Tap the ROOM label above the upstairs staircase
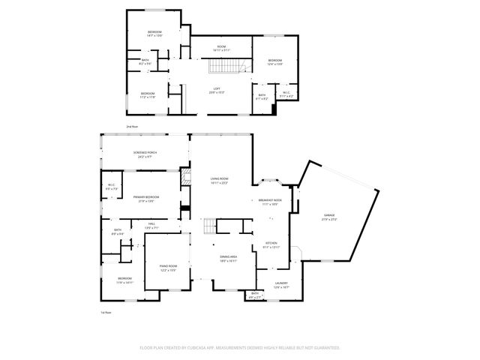pos(222,47)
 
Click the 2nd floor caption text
pos(132,127)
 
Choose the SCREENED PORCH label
pos(145,154)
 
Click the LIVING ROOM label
pos(219,179)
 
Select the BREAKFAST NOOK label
pos(270,200)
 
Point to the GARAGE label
pos(331,215)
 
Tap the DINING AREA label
pos(229,257)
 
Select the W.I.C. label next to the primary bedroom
pos(111,185)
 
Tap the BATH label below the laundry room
pos(255,293)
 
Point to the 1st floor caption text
pos(106,312)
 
